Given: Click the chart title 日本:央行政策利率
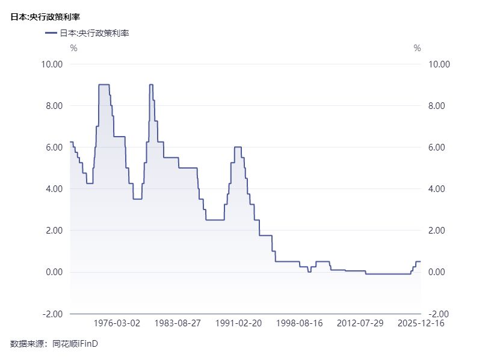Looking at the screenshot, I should pos(45,17).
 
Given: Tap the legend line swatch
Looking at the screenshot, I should pos(51,33).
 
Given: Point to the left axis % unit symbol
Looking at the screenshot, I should pos(73,48).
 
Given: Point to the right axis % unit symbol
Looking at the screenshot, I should pos(417,48).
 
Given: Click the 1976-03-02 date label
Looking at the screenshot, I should pos(118,323).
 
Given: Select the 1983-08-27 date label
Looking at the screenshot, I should pos(178,323).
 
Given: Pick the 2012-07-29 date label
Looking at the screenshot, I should pos(360,323).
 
